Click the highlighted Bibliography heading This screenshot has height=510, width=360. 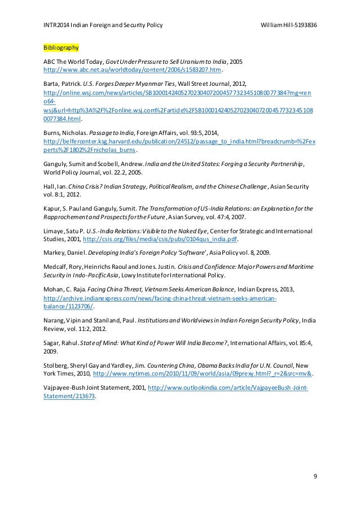61,47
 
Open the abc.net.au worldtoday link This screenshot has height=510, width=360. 132,71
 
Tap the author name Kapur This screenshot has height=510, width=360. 51,208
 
